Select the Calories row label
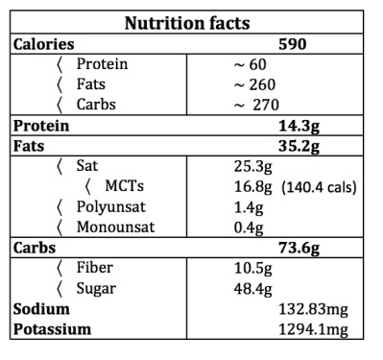tap(43, 44)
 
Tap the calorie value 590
tap(292, 44)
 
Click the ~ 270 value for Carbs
tap(257, 105)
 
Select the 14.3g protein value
tap(299, 126)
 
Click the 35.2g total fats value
tap(299, 146)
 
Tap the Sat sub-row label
tap(86, 166)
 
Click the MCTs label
tap(123, 186)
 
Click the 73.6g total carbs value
tap(299, 247)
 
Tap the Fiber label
tap(94, 267)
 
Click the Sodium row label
tap(40, 309)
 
